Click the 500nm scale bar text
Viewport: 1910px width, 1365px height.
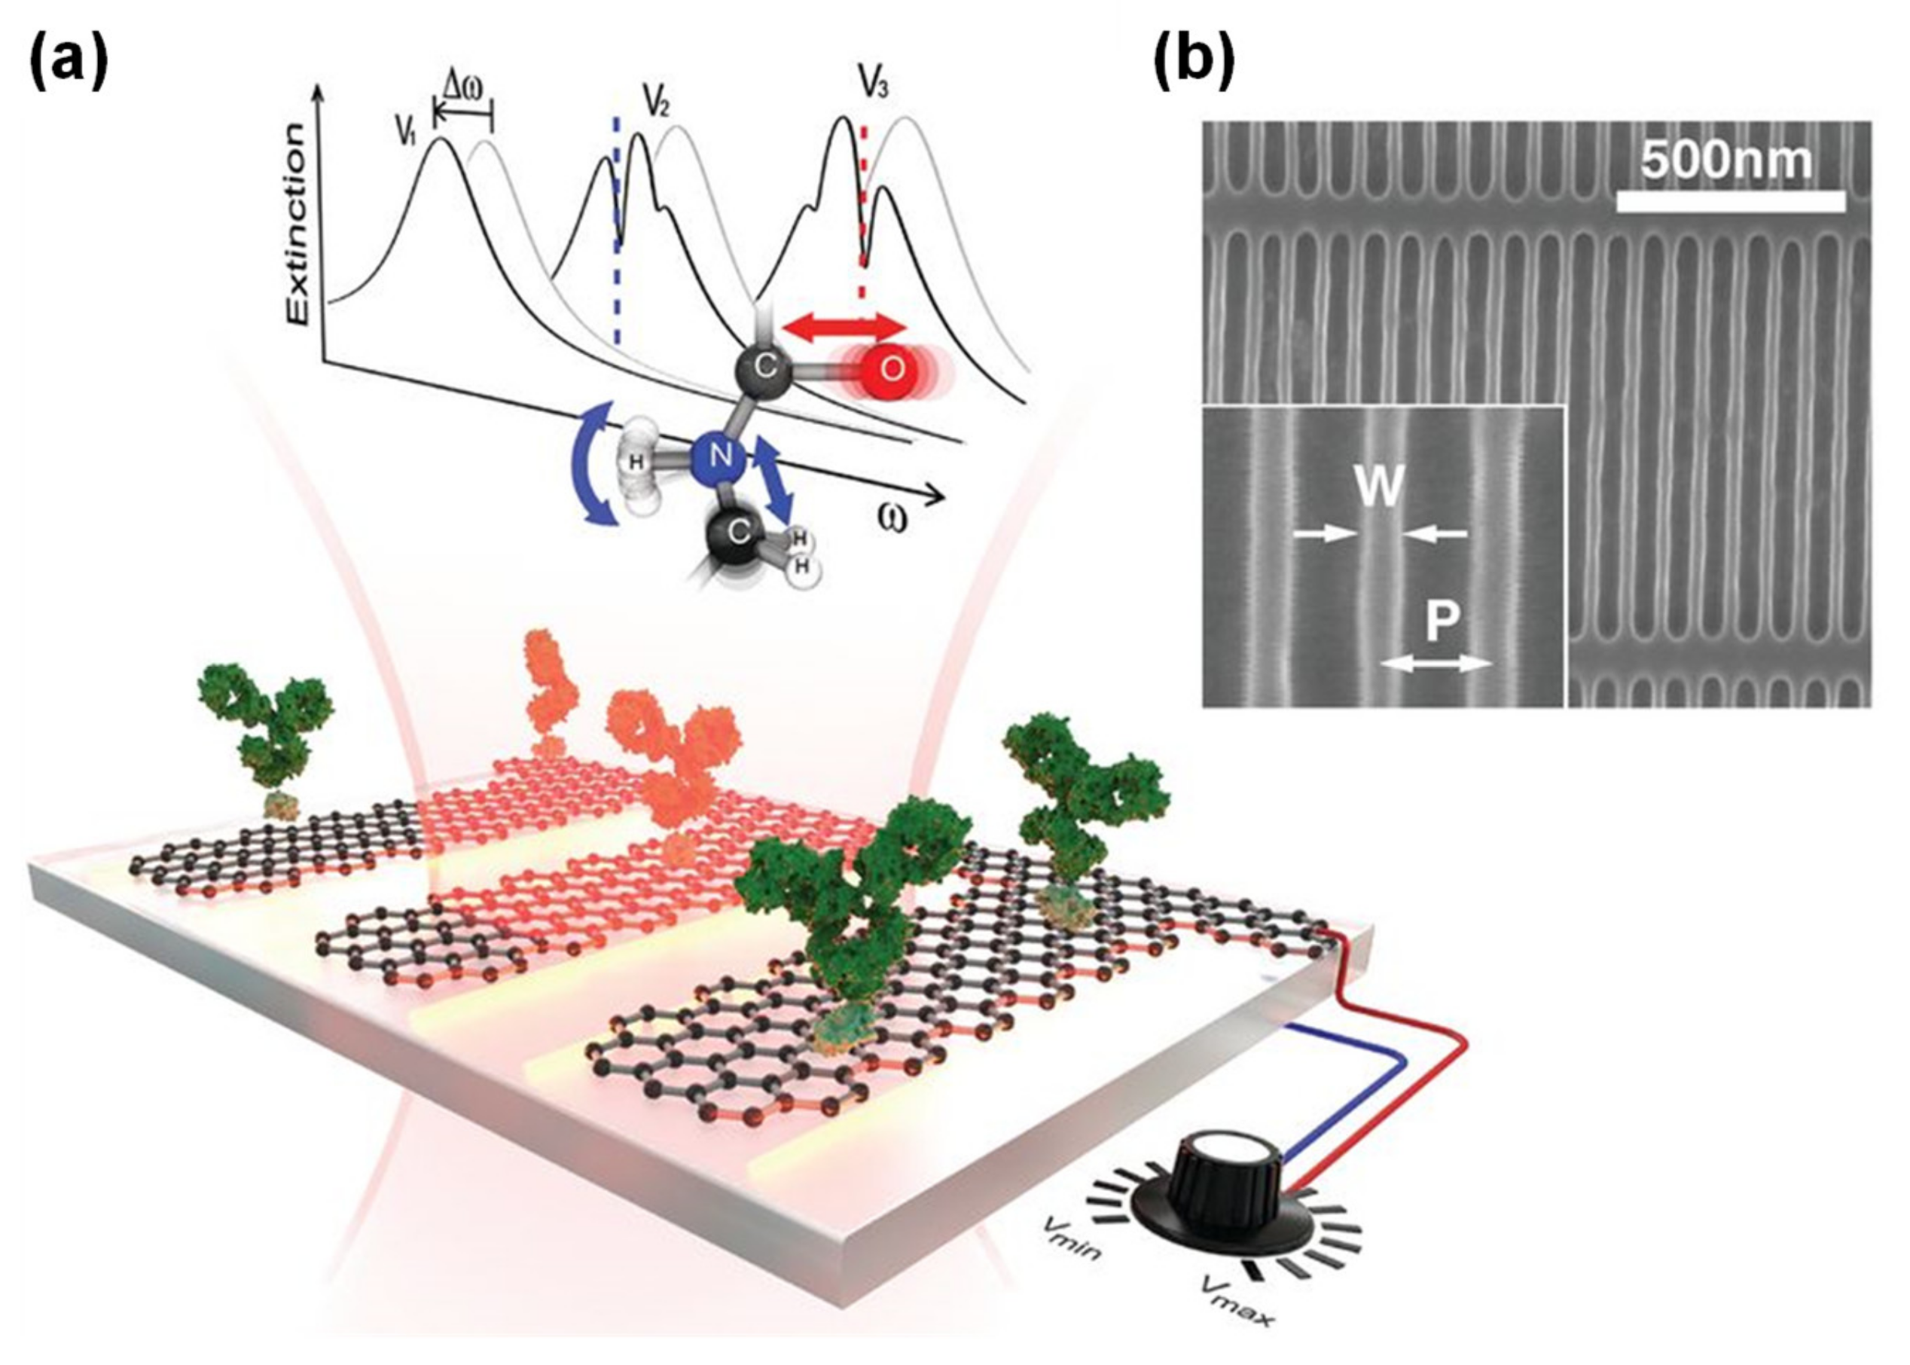pos(1728,160)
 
